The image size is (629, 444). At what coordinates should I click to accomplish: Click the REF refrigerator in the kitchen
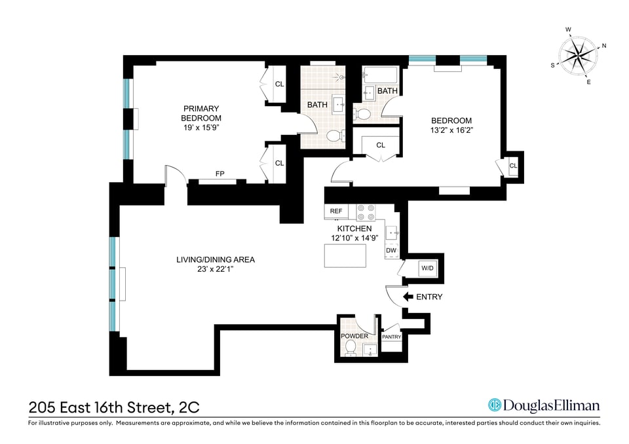point(336,212)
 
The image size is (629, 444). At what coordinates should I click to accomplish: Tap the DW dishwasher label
point(391,251)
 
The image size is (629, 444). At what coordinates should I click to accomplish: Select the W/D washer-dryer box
point(427,268)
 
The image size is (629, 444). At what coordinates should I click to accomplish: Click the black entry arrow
point(408,297)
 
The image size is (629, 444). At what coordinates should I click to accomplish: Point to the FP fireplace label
point(220,174)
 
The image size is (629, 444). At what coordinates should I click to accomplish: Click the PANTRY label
point(392,337)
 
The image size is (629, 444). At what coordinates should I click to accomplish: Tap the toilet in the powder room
point(351,348)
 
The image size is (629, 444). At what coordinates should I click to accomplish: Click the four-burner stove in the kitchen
point(366,213)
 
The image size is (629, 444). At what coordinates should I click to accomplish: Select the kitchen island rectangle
point(345,255)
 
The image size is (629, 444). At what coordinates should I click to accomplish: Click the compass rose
point(577,56)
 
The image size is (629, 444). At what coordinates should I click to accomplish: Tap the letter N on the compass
point(604,46)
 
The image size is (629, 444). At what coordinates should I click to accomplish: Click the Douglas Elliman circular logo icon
point(495,405)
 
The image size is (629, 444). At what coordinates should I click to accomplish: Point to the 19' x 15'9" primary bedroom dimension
point(201,128)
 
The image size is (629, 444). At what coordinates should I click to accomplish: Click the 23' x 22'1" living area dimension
point(216,269)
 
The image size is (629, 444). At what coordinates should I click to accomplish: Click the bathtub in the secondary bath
point(380,75)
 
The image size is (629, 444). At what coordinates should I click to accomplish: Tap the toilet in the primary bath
point(335,136)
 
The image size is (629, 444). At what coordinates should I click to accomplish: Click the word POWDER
point(354,336)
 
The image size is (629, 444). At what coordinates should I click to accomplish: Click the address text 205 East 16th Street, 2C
point(114,408)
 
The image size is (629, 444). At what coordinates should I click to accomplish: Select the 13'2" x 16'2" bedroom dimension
point(451,130)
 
